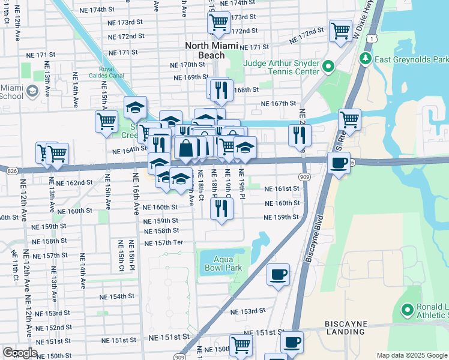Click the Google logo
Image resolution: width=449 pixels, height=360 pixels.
(x=20, y=353)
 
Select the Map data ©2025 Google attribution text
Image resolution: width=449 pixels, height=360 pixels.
(x=411, y=355)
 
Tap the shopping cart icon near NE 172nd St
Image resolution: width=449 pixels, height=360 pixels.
(x=340, y=30)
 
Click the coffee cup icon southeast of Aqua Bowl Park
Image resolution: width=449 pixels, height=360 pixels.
(x=278, y=275)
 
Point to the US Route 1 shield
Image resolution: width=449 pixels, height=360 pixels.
(x=373, y=38)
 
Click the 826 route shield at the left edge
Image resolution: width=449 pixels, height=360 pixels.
(x=5, y=171)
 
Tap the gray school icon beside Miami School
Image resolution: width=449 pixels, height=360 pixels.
(x=32, y=91)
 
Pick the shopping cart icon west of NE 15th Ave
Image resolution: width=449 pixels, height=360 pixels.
(x=106, y=121)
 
